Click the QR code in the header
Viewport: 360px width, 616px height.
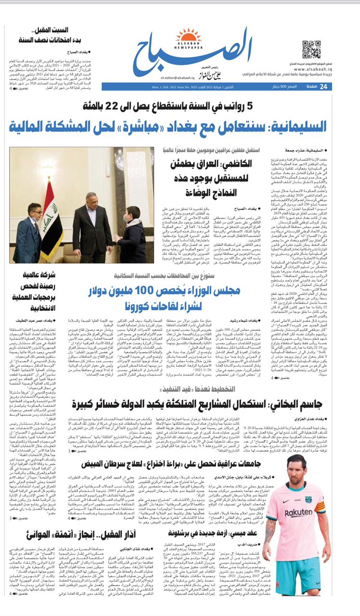(311, 49)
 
